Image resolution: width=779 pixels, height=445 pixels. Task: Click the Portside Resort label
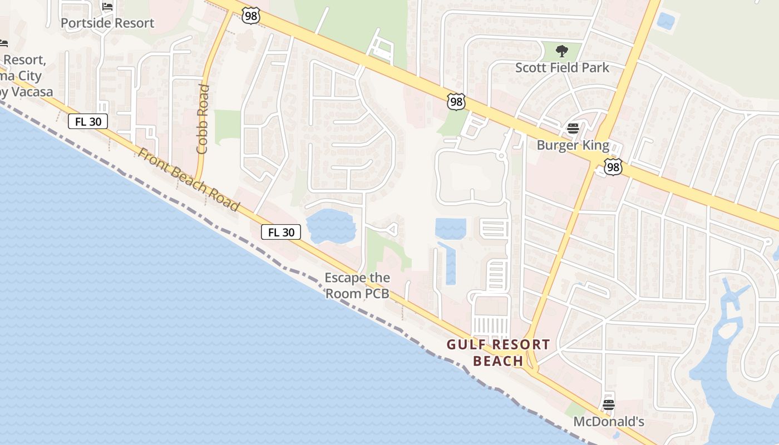[107, 23]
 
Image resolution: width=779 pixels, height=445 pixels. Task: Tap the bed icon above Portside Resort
[107, 7]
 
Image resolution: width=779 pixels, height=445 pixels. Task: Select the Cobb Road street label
[203, 119]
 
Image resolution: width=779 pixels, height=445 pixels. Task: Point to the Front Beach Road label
[189, 179]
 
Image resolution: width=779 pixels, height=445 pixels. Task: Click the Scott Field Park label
[562, 68]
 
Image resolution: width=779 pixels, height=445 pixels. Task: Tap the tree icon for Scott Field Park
[562, 52]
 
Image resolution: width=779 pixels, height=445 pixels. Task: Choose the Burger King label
[573, 146]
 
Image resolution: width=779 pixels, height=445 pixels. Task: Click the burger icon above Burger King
[573, 129]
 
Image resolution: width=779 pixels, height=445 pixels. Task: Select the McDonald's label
[609, 422]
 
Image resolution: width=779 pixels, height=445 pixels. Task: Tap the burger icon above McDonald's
[609, 405]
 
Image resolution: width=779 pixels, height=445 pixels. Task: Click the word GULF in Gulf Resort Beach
[467, 345]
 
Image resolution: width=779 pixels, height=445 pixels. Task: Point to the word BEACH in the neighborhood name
[498, 361]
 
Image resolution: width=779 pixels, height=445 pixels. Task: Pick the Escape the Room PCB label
[357, 285]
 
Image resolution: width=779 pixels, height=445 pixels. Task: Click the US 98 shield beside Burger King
[613, 167]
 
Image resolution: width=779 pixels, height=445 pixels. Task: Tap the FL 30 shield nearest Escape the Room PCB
[281, 232]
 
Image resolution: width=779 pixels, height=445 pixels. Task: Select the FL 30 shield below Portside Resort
[88, 121]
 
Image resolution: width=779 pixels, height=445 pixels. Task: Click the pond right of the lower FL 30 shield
[332, 226]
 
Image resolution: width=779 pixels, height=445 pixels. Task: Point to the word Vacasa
[31, 92]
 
